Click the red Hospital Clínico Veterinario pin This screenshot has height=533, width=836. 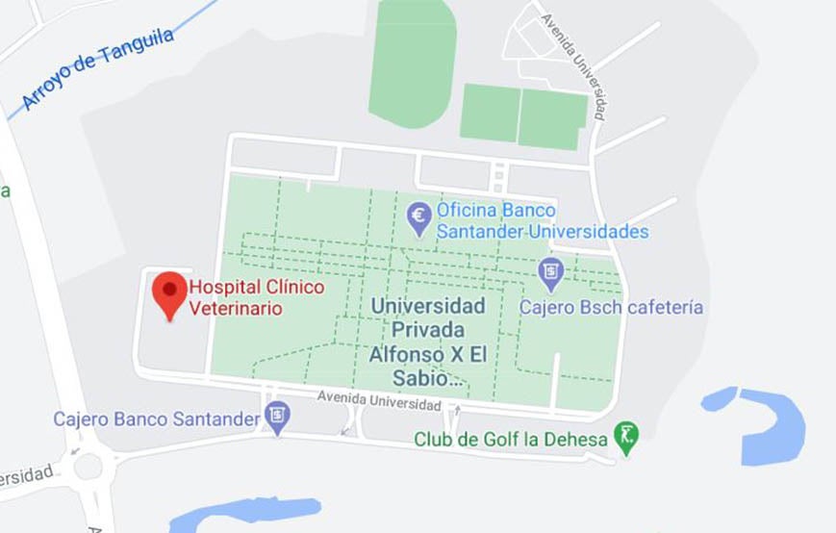(171, 291)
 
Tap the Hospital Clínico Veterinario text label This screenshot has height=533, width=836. (256, 297)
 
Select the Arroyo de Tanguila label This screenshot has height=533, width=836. (97, 68)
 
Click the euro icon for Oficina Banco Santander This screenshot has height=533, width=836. (419, 217)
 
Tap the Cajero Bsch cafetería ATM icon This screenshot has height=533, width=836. (550, 273)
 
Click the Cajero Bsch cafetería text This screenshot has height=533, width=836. (611, 308)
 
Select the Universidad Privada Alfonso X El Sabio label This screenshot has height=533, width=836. (427, 343)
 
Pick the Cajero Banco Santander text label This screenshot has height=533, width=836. (157, 419)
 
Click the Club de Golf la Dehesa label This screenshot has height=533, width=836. (511, 440)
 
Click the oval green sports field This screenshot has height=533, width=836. (412, 63)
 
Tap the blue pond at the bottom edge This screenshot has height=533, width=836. (245, 513)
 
